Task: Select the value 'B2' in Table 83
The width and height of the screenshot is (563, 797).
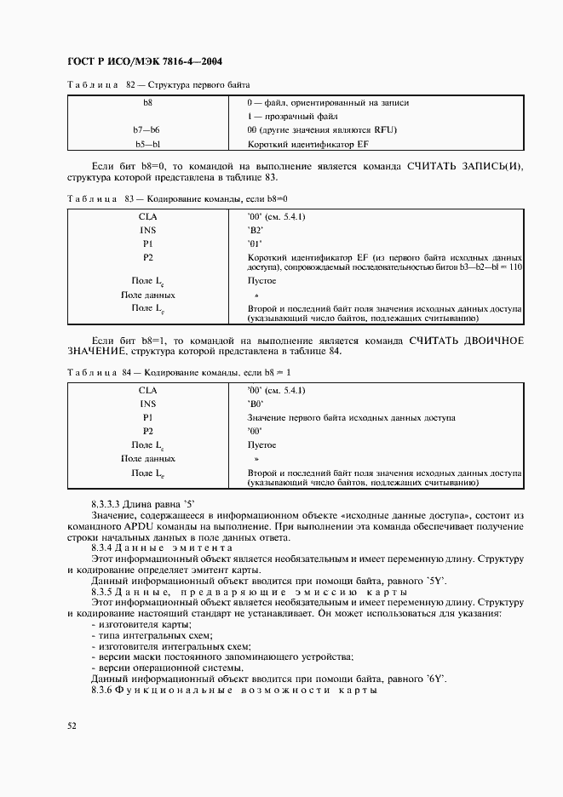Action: (256, 230)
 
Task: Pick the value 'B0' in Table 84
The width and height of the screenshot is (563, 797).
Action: (256, 404)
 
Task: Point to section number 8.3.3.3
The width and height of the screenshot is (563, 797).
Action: (108, 504)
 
